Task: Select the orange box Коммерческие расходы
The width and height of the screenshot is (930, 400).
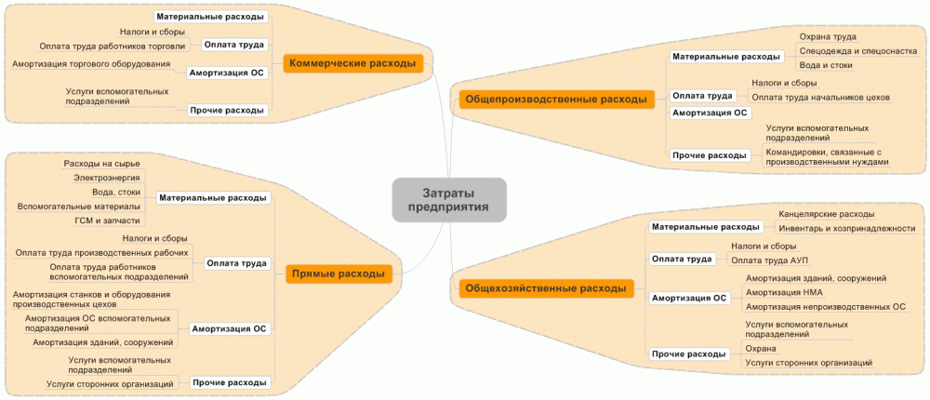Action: [x=353, y=63]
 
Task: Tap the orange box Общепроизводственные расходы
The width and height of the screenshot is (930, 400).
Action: [x=555, y=98]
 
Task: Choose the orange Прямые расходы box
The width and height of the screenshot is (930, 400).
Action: [x=337, y=273]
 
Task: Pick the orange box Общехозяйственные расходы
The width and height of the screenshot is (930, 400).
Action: [x=545, y=288]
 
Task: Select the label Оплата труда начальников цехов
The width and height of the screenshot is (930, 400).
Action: [x=820, y=97]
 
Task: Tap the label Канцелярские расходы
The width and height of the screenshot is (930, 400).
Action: [x=826, y=213]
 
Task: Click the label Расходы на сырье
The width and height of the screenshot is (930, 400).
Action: [x=95, y=163]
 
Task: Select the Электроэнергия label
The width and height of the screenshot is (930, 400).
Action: [x=106, y=177]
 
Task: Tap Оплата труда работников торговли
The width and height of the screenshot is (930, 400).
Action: [x=113, y=45]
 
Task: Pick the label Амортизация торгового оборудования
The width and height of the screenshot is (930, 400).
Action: [x=91, y=64]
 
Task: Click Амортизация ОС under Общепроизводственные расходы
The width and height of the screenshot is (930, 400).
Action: [x=711, y=113]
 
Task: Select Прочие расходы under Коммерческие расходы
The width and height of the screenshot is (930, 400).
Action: [x=228, y=110]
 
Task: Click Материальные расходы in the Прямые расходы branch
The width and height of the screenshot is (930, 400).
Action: [x=213, y=197]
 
